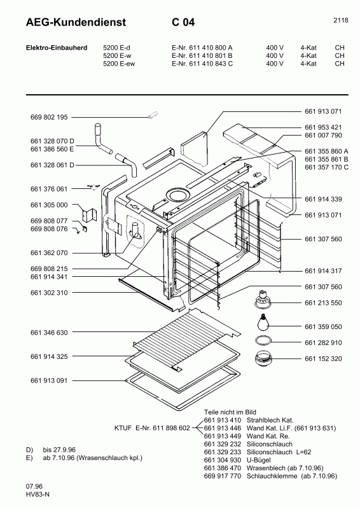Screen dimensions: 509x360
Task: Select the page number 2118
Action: click(340, 20)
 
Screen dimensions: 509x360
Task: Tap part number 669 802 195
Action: click(48, 118)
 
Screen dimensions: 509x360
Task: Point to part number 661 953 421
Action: click(323, 127)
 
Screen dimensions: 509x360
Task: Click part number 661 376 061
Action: click(48, 189)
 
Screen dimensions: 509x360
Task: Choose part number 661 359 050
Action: click(323, 326)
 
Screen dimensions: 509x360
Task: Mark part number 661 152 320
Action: click(323, 359)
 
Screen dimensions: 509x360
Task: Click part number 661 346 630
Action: click(48, 332)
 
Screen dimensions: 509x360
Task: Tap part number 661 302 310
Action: click(48, 292)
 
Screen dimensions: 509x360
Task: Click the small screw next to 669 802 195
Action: click(152, 115)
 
